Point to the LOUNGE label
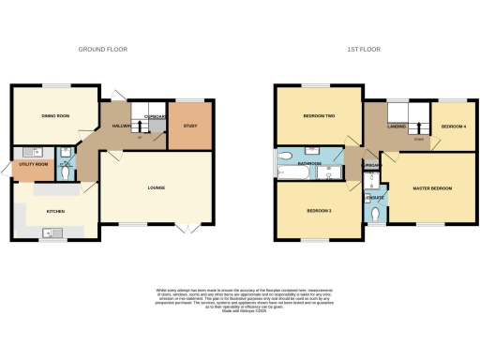click(156, 187)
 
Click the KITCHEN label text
click(55, 212)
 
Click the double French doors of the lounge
click(187, 228)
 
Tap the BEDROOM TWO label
click(319, 116)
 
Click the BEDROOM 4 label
click(454, 126)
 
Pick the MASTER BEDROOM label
click(432, 188)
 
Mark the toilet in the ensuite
click(374, 214)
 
